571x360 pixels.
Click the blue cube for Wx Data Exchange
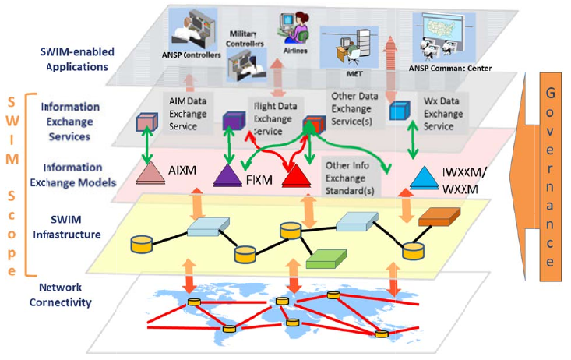[400, 111]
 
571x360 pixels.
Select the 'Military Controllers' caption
[244, 41]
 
